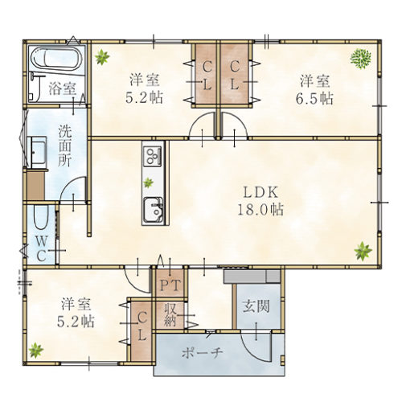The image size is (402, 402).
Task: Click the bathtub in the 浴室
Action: pyautogui.click(x=56, y=59)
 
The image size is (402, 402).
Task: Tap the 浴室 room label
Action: pyautogui.click(x=63, y=88)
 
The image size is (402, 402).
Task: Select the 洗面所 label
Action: pyautogui.click(x=65, y=146)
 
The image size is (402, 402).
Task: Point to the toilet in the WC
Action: pyautogui.click(x=41, y=217)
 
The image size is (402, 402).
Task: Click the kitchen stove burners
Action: pyautogui.click(x=153, y=156)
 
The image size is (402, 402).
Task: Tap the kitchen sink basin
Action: pyautogui.click(x=154, y=211)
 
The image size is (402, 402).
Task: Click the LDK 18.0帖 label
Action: pyautogui.click(x=260, y=200)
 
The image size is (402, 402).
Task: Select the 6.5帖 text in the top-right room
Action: pyautogui.click(x=314, y=99)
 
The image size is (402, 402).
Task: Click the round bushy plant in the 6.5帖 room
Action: pyautogui.click(x=361, y=59)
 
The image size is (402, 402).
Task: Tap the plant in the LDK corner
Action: pyautogui.click(x=363, y=251)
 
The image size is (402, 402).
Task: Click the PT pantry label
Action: pyautogui.click(x=170, y=285)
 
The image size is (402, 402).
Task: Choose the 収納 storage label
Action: pyautogui.click(x=170, y=314)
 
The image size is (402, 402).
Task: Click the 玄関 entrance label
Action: pyautogui.click(x=256, y=306)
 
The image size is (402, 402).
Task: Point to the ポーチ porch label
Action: pyautogui.click(x=203, y=353)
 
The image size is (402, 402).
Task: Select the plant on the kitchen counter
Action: pyautogui.click(x=148, y=183)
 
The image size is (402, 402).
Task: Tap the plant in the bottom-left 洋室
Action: pyautogui.click(x=36, y=351)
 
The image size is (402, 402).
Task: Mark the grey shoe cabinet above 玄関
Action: pyautogui.click(x=252, y=277)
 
